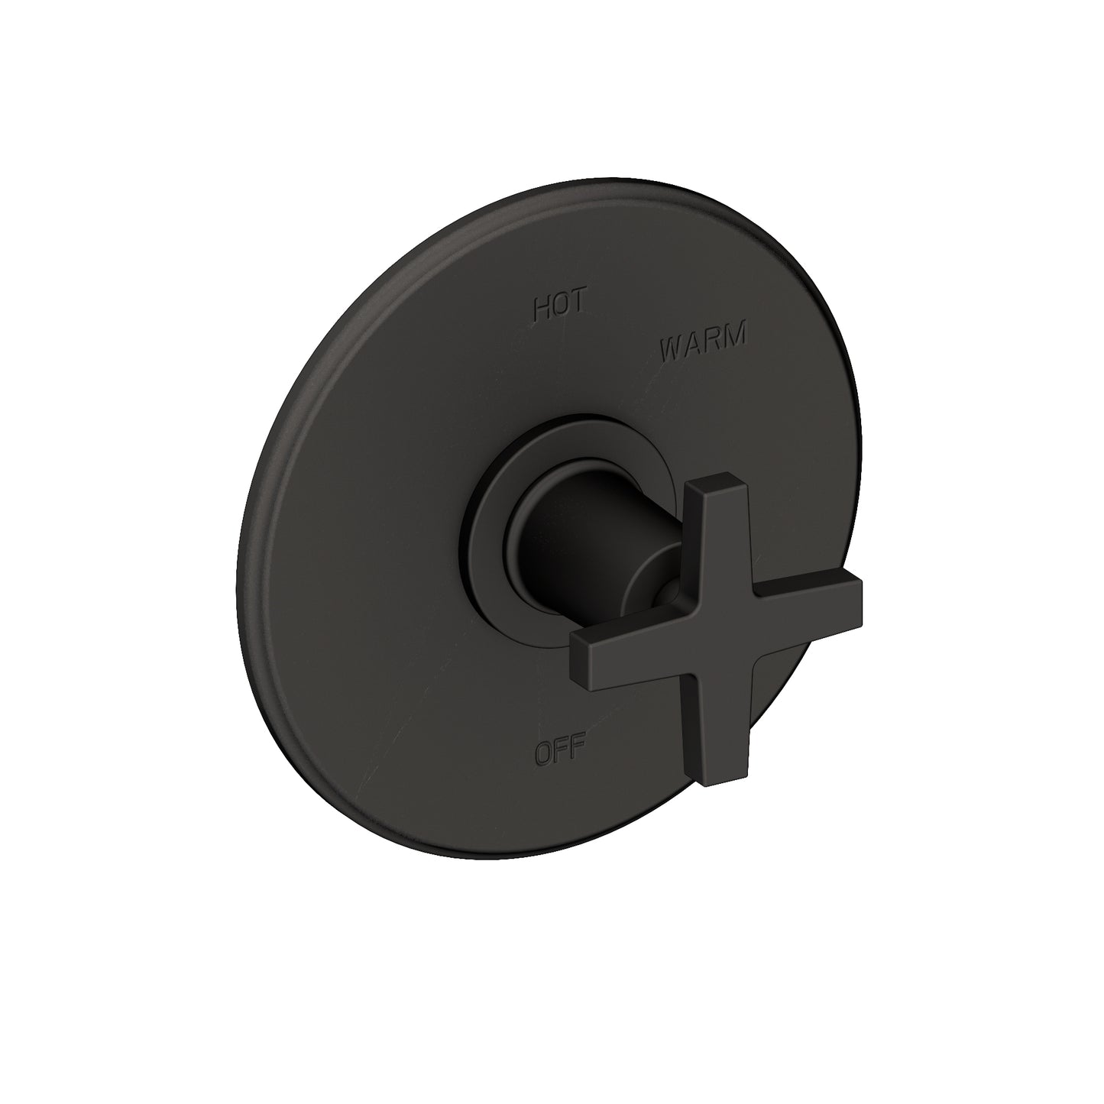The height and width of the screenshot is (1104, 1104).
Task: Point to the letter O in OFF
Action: pos(543,753)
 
